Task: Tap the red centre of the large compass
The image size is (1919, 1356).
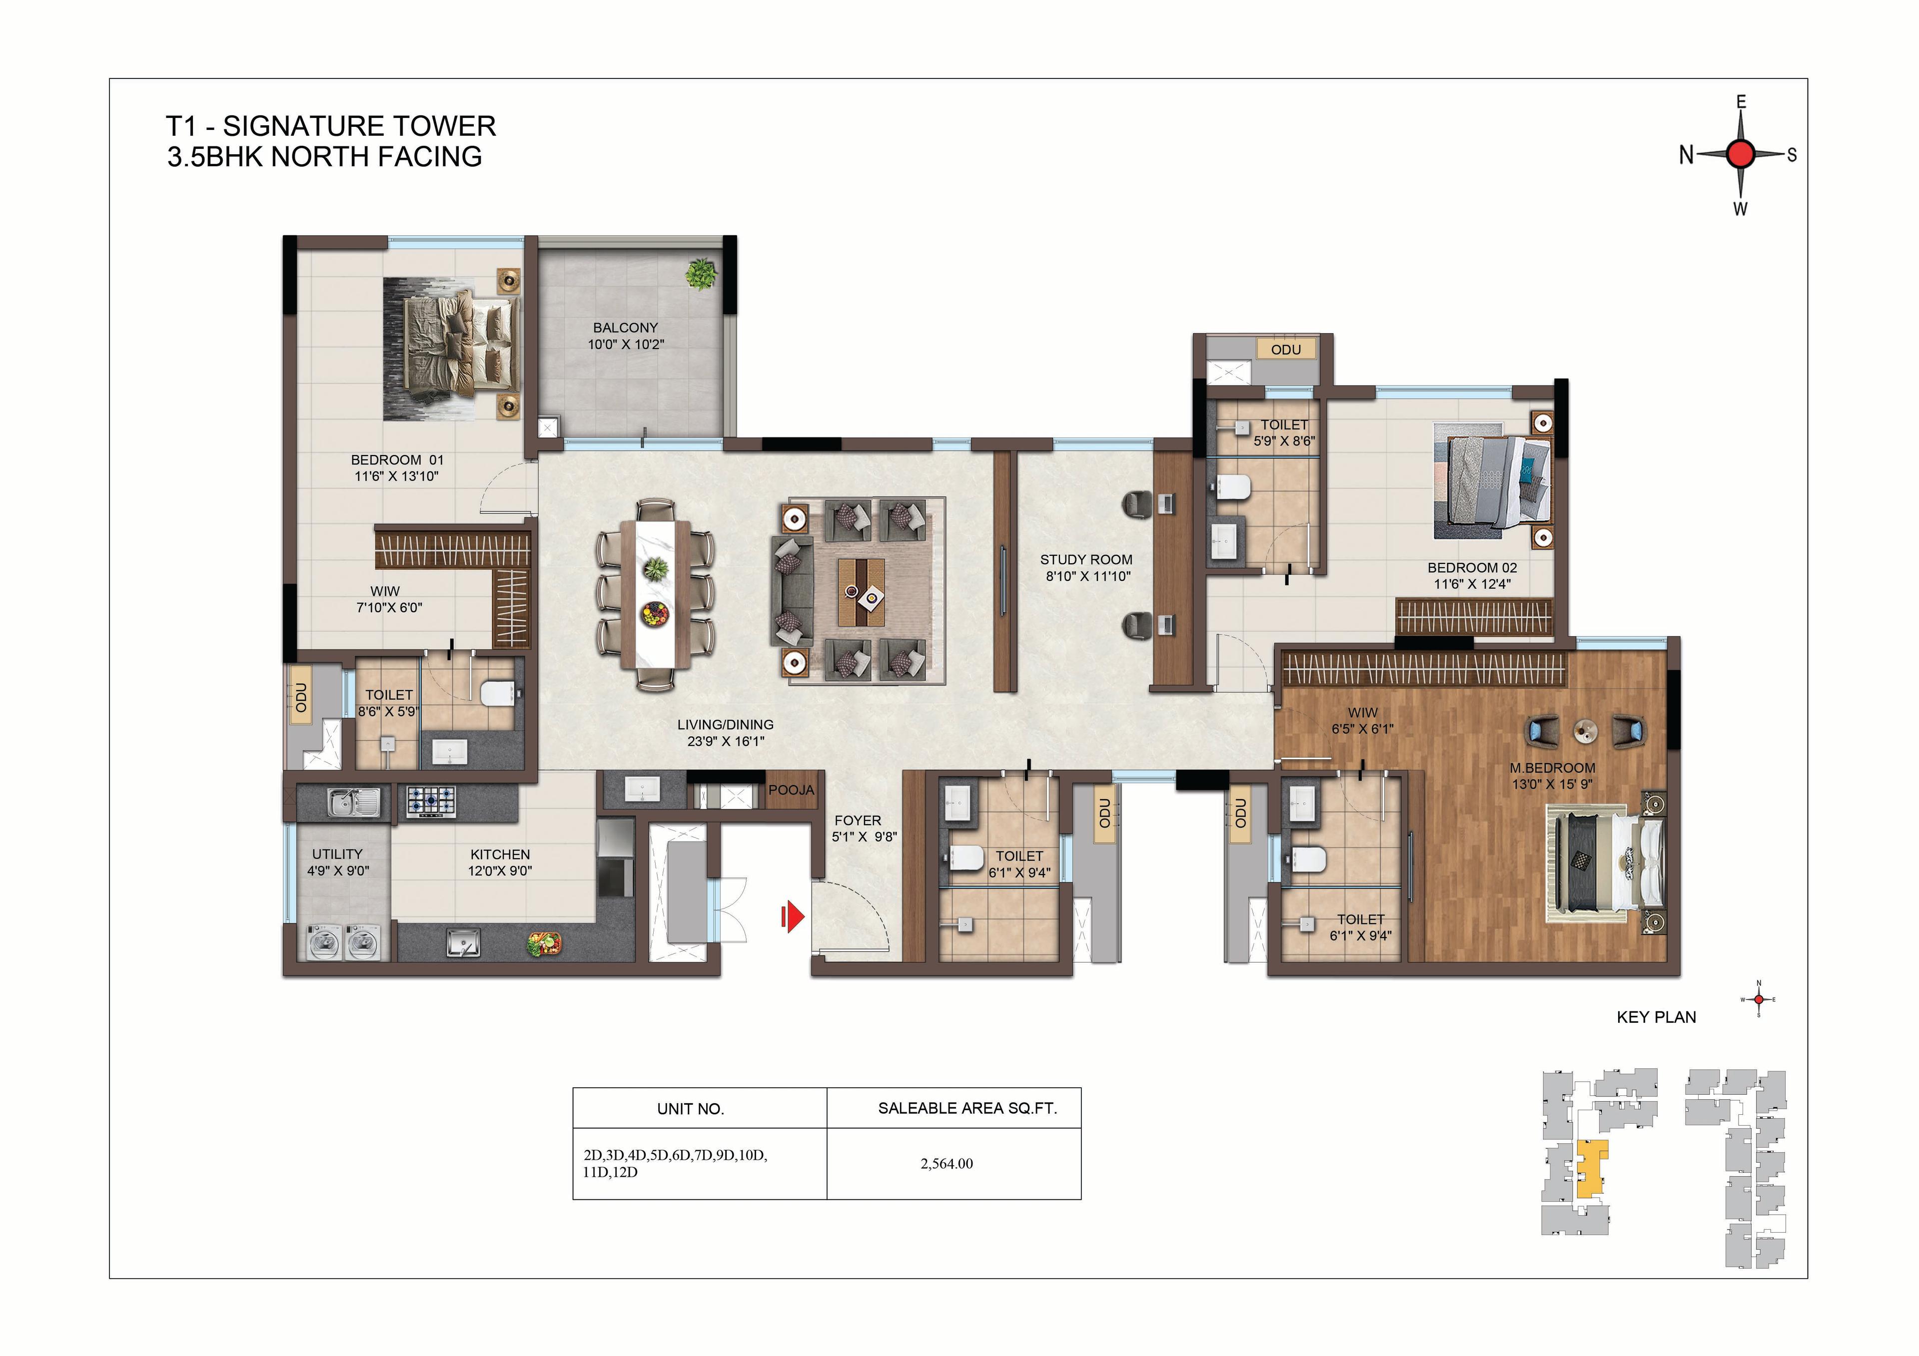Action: (x=1741, y=154)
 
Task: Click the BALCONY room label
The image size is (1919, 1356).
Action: (x=625, y=328)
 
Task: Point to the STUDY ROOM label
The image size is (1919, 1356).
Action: (x=1086, y=560)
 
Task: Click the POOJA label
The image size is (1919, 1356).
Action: (x=791, y=790)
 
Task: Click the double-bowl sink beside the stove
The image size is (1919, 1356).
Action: (x=354, y=803)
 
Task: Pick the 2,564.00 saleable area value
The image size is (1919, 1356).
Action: (x=947, y=1164)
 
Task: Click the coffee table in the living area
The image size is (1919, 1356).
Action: (x=862, y=591)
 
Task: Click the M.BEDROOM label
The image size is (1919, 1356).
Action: (x=1552, y=768)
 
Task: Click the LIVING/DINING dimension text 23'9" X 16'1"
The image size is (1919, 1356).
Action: (x=726, y=741)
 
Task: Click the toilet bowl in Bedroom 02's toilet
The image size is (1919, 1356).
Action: (x=1231, y=486)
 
